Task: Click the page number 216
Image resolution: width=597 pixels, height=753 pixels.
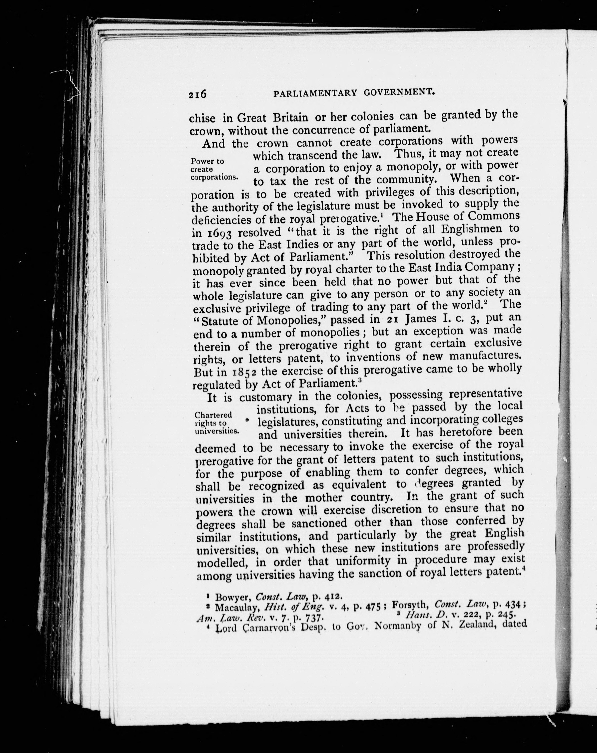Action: (197, 94)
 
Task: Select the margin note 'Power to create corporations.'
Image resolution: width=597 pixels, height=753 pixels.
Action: (214, 169)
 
